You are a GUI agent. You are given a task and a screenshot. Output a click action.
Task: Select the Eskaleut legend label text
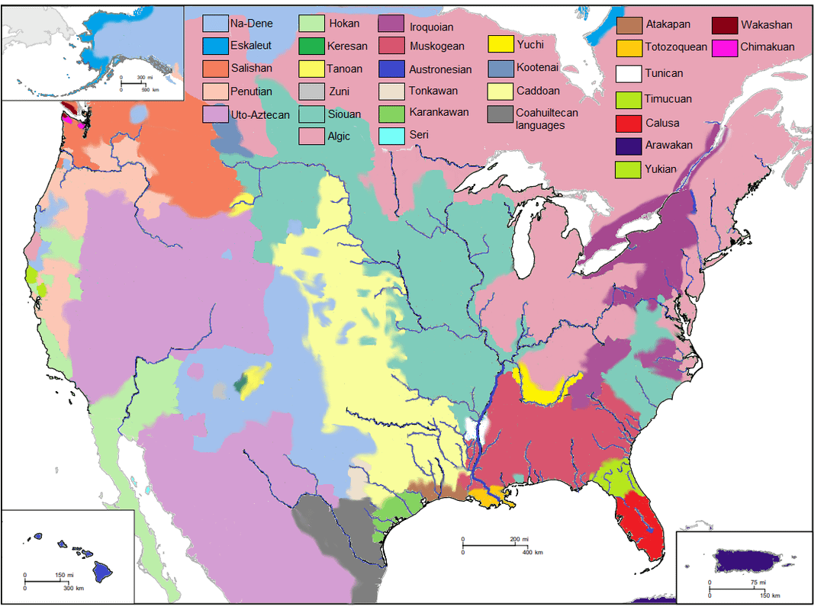coord(250,46)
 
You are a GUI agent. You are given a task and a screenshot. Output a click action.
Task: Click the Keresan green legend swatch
coord(311,47)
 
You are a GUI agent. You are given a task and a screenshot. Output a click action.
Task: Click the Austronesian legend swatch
coord(391,69)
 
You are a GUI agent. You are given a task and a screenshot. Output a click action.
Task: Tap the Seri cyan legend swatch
coord(391,136)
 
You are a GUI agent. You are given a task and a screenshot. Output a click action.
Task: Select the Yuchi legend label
coord(529,45)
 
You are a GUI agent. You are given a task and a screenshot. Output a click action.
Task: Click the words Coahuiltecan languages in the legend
coord(546,119)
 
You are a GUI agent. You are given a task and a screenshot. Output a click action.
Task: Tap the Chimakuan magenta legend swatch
coord(725,47)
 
